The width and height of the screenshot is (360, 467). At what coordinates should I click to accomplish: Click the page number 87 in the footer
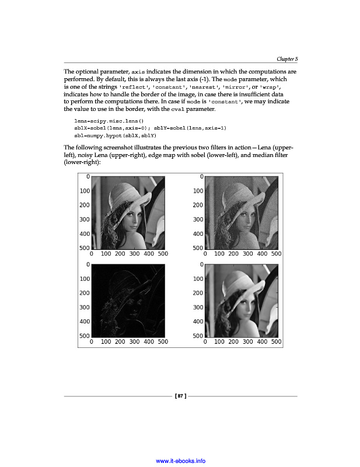coord(180,396)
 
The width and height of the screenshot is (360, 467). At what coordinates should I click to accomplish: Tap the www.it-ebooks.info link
coord(180,461)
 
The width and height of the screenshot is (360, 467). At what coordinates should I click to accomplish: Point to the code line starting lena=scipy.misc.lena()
coord(109,120)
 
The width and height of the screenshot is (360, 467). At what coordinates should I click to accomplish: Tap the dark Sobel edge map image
coord(129,300)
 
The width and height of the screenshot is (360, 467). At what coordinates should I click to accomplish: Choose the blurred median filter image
coord(242,300)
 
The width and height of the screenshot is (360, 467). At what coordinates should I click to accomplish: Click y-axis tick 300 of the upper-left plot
coord(85,219)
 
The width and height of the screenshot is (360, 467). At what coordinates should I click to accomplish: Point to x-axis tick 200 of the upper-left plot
coord(120,254)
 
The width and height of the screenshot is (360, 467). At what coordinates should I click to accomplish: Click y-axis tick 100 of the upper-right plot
coord(198,191)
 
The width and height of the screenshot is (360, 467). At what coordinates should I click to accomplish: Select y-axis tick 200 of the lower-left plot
coord(85,293)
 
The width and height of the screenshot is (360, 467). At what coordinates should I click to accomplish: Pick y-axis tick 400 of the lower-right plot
coord(198,322)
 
